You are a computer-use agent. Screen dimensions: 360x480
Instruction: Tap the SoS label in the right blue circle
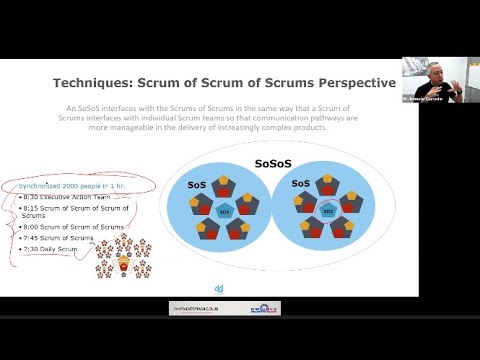pyautogui.click(x=299, y=185)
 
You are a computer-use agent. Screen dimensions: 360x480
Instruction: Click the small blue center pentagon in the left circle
pyautogui.click(x=224, y=213)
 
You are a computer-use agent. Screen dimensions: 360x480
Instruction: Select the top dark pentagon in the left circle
pyautogui.click(x=224, y=186)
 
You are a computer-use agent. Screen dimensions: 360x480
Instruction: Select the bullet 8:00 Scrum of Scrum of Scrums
pyautogui.click(x=76, y=227)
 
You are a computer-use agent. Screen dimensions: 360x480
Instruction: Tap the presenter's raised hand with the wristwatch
pyautogui.click(x=457, y=90)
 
